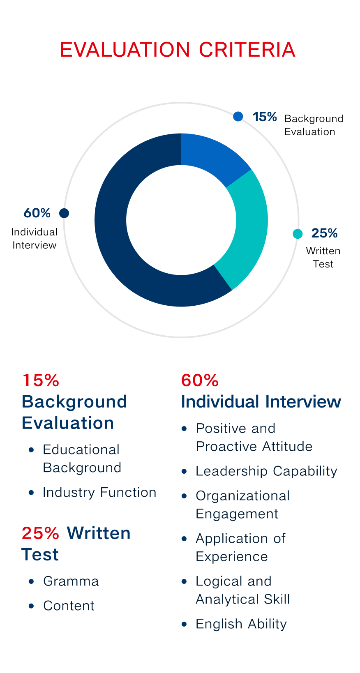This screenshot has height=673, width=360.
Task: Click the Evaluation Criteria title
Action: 178,50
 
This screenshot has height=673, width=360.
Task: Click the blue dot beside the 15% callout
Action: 238,116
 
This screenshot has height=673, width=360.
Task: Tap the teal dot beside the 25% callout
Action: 298,233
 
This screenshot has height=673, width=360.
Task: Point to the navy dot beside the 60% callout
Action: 64,213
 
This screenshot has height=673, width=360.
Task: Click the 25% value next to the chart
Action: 324,233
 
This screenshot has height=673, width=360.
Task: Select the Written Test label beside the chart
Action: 323,257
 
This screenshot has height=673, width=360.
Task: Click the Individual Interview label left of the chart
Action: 34,239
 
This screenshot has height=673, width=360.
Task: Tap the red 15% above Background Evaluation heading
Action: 41,380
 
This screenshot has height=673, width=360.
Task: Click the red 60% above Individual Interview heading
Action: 200,380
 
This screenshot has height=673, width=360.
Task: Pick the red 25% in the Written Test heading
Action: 40,533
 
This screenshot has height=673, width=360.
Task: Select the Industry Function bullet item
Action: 99,493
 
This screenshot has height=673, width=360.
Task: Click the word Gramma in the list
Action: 71,581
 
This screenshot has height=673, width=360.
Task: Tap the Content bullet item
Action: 69,606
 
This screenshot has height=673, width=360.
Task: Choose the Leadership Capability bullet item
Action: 267,471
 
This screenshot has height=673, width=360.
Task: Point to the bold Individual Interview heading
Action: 261,402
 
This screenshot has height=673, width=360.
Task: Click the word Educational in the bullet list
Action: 81,450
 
